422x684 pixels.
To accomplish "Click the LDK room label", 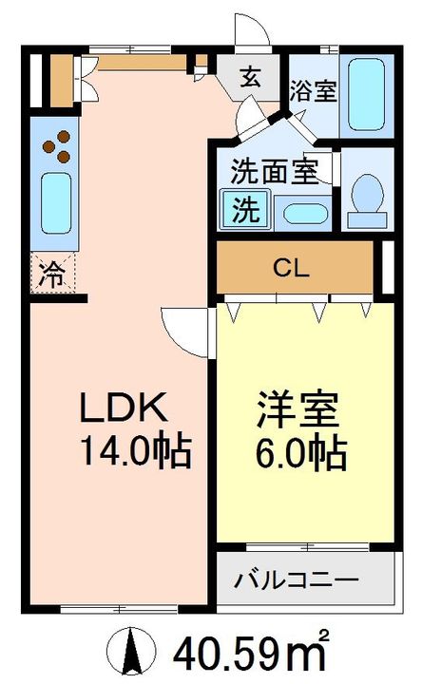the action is pyautogui.click(x=124, y=408).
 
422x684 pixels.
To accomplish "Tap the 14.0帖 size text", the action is pyautogui.click(x=136, y=451).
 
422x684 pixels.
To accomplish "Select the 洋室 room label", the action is pyautogui.click(x=298, y=410).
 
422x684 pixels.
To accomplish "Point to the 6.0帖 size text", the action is pyautogui.click(x=302, y=453).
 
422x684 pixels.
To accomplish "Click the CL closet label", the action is pyautogui.click(x=291, y=269).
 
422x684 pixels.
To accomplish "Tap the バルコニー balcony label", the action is pyautogui.click(x=297, y=579).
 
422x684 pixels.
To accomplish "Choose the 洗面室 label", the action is pyautogui.click(x=275, y=171).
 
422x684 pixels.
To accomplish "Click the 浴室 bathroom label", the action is pyautogui.click(x=314, y=91).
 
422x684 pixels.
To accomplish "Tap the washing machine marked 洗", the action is pyautogui.click(x=245, y=209).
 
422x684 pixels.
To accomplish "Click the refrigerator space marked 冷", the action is pyautogui.click(x=53, y=274).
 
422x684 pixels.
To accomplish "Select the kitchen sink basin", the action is pyautogui.click(x=56, y=203).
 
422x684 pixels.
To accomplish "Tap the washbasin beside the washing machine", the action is pyautogui.click(x=305, y=214).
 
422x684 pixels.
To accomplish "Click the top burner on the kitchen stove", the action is pyautogui.click(x=64, y=137).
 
